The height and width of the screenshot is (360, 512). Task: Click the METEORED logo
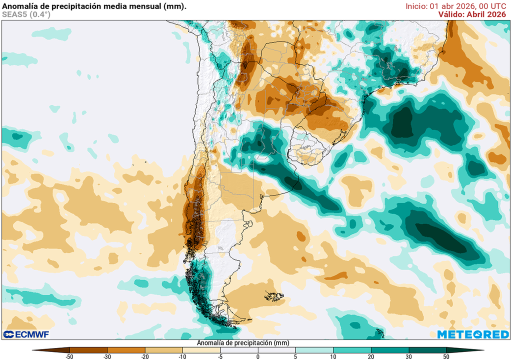point(472,334)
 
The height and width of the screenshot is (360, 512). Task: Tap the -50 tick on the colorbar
point(69,356)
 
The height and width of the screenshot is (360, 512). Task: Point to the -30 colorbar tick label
point(107,356)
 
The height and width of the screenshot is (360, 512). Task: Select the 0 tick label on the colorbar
point(258,356)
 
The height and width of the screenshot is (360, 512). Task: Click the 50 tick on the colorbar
point(446,356)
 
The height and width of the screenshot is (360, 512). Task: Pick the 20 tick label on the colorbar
point(371,356)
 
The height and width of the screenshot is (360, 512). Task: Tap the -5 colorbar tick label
point(220,356)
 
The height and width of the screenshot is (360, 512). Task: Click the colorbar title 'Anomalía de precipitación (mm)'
point(243,343)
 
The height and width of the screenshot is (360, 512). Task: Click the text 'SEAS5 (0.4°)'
point(26,14)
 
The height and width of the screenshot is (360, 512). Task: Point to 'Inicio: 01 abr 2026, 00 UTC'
point(458,6)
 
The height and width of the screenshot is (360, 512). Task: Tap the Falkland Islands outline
point(274,296)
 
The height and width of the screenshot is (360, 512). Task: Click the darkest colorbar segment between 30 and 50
point(427,350)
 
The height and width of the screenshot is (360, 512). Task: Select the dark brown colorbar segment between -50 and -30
point(88,350)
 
